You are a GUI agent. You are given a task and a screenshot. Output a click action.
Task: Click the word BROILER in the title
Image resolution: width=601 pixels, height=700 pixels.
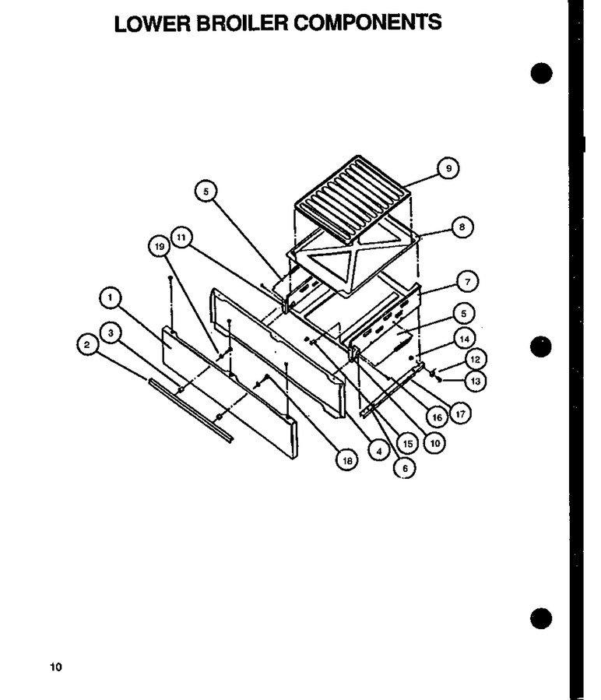(x=242, y=23)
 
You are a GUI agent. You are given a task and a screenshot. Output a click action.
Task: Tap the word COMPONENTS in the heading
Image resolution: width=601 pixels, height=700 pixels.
(x=367, y=23)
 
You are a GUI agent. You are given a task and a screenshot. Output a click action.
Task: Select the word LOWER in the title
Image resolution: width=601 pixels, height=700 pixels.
(x=153, y=23)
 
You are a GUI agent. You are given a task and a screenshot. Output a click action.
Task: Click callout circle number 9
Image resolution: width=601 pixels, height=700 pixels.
(x=448, y=168)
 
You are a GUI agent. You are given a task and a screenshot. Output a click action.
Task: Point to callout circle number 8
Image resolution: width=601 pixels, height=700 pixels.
(x=462, y=227)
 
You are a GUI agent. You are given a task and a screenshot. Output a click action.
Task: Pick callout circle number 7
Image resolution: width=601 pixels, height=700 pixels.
(x=468, y=282)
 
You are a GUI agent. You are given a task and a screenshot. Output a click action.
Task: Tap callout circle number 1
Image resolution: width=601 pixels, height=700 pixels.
(x=111, y=297)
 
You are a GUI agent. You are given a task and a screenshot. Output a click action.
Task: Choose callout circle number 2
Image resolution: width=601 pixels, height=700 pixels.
(x=87, y=345)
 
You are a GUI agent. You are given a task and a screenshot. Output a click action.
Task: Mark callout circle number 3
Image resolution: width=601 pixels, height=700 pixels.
(x=111, y=332)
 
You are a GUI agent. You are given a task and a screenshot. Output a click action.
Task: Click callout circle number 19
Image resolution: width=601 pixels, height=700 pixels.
(x=160, y=246)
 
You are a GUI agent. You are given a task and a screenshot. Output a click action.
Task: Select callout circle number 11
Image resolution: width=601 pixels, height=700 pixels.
(x=181, y=237)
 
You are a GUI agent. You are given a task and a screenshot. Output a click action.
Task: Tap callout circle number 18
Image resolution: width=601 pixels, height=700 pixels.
(x=347, y=460)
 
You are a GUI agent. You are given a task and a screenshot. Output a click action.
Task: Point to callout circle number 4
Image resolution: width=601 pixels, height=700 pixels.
(x=379, y=451)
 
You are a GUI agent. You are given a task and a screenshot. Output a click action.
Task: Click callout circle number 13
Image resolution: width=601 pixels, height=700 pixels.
(x=475, y=382)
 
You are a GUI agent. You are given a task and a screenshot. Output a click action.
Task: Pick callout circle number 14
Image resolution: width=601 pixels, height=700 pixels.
(x=464, y=339)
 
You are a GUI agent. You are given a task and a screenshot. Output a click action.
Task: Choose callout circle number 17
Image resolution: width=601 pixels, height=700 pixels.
(x=460, y=413)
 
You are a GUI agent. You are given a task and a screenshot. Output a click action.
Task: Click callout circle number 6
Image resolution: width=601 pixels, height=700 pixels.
(x=405, y=468)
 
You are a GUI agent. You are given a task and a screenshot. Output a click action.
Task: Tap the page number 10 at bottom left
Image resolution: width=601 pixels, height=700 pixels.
(x=56, y=667)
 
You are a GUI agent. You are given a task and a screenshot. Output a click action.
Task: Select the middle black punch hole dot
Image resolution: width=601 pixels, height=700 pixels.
(x=541, y=346)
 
